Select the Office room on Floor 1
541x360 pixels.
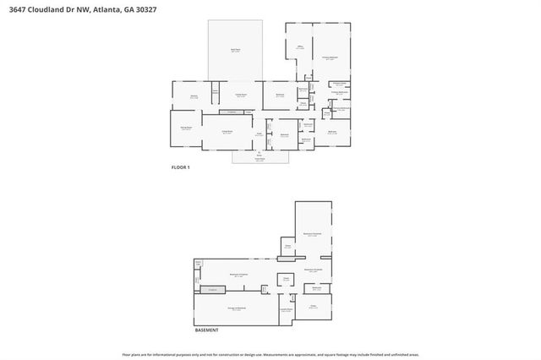pyautogui.click(x=299, y=48)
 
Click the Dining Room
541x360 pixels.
pyautogui.click(x=186, y=128)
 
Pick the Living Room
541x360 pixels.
pyautogui.click(x=227, y=133)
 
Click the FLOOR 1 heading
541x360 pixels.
pyautogui.click(x=181, y=168)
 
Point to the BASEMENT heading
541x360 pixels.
pyautogui.click(x=207, y=330)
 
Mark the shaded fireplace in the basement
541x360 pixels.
pyautogui.click(x=213, y=290)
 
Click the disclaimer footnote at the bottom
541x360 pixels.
pyautogui.click(x=270, y=355)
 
